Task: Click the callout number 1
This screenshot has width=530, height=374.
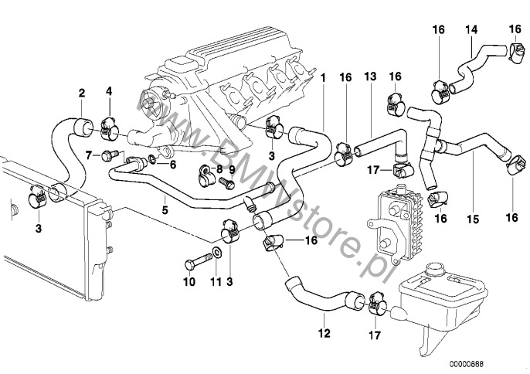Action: tap(323, 79)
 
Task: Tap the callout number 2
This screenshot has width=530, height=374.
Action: tap(82, 95)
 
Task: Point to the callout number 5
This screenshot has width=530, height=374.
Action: tap(165, 209)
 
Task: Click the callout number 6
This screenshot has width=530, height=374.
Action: tap(172, 164)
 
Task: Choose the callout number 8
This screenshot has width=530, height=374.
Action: tap(219, 168)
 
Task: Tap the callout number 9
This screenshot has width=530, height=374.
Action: tap(231, 168)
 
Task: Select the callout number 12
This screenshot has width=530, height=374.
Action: tap(324, 334)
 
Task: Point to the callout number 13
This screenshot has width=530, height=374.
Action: tap(370, 79)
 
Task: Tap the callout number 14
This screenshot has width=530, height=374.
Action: tap(472, 30)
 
